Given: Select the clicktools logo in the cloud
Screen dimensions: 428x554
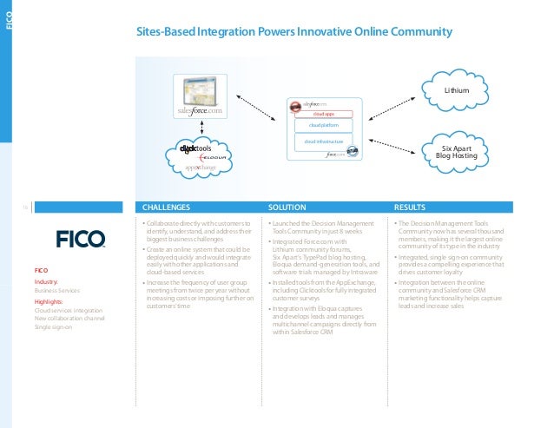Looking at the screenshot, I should click(195, 148).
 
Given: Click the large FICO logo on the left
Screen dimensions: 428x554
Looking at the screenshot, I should click(81, 238).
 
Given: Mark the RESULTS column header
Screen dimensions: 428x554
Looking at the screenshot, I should click(410, 207).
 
